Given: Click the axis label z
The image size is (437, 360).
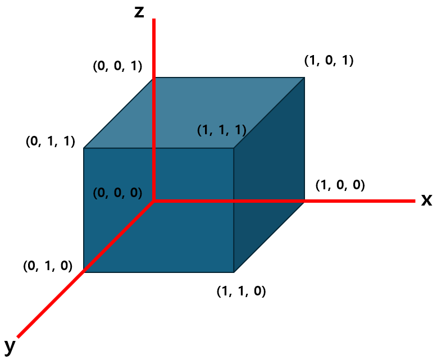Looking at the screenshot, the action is pos(139,12).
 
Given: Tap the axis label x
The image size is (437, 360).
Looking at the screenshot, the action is pos(426,200).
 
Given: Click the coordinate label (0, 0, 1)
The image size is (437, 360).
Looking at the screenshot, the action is pos(117,66).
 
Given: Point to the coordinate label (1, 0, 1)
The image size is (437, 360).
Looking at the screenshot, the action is pos(329,60).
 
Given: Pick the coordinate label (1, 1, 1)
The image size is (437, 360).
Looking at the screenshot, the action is pos(222,130).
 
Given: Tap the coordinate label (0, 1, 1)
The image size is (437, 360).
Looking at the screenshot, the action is pos(51,141).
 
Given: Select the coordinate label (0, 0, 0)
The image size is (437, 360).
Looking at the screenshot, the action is pos(117,193).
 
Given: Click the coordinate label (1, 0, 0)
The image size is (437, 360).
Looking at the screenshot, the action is pos(340,185).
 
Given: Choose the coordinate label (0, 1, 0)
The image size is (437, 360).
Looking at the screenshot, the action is pos(48,266).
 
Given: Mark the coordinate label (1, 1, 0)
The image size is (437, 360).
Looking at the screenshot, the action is pos(241,291).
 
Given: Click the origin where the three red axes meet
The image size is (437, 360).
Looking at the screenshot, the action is pos(154,200).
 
